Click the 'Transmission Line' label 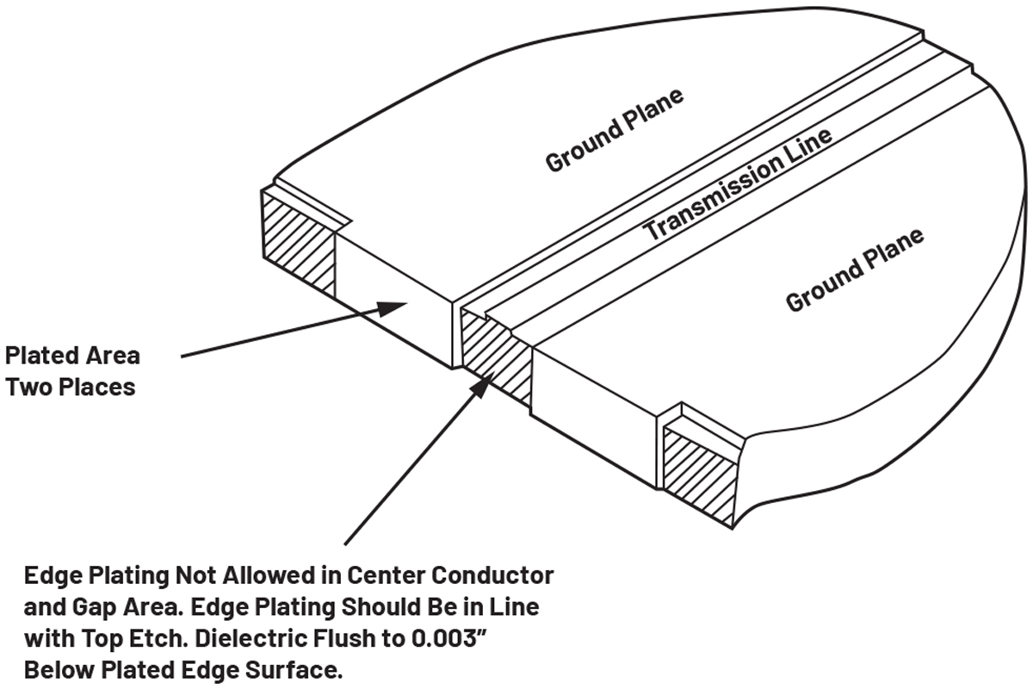pos(739,184)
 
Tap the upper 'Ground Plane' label pos(615,128)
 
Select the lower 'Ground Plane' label pos(855,269)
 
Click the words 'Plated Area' pos(72,355)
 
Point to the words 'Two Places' pos(71,387)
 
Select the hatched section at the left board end pos(298,240)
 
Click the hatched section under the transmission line pos(495,353)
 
